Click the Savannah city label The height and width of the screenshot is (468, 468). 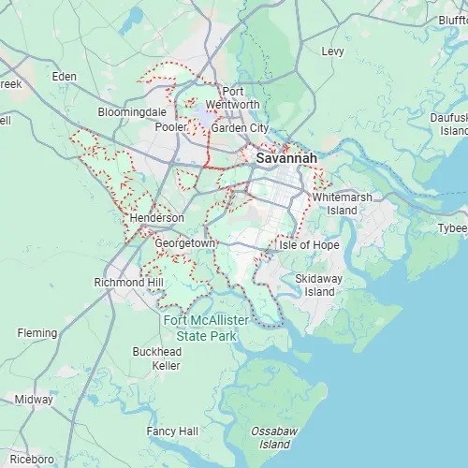tap(286, 159)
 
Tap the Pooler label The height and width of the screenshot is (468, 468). tap(171, 127)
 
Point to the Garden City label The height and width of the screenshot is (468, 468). tap(240, 127)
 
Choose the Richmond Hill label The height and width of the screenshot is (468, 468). tap(129, 282)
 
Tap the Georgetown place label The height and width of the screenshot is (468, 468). tap(185, 243)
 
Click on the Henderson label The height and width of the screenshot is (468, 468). tap(156, 217)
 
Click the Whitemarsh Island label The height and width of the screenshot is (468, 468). tap(343, 204)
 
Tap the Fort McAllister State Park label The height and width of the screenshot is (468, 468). tap(206, 327)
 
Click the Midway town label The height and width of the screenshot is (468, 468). tap(34, 399)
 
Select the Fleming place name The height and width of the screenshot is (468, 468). tap(37, 332)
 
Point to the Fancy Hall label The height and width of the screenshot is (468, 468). tap(172, 431)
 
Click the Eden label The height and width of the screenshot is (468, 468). tap(65, 76)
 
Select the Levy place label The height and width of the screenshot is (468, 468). tap(332, 51)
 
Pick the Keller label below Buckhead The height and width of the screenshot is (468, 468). tap(166, 365)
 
